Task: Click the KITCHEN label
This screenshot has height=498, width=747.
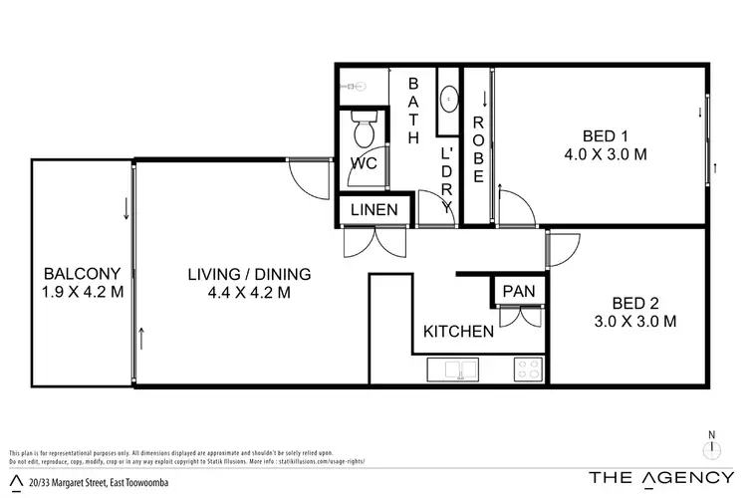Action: click(x=458, y=332)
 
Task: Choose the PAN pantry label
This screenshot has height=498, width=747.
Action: click(x=518, y=291)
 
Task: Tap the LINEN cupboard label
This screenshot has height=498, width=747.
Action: click(x=373, y=210)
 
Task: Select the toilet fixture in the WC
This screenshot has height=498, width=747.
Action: click(x=364, y=129)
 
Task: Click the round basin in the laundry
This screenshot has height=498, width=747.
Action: click(x=450, y=100)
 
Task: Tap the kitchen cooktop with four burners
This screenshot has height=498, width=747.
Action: click(x=527, y=371)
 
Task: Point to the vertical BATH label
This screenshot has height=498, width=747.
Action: click(x=415, y=112)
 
